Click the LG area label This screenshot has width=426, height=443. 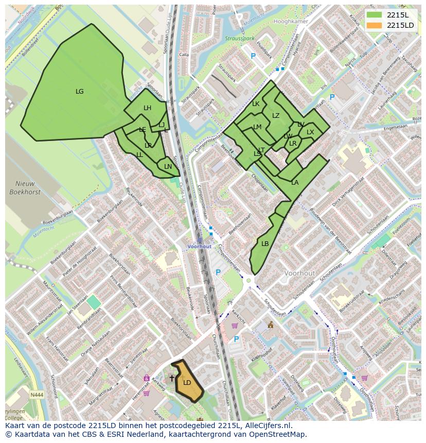point(79,92)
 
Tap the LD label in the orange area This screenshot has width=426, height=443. point(187,382)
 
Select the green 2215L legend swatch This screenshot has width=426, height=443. point(374,15)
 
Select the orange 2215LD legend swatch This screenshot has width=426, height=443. point(374,25)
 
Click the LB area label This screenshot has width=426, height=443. point(265,243)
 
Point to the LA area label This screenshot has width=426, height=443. point(295,183)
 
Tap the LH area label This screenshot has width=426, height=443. point(147,108)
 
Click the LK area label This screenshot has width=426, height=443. point(256,104)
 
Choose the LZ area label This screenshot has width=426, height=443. point(276,116)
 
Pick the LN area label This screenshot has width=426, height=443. point(168,166)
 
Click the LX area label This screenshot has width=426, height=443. point(310,132)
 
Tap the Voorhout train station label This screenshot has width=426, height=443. point(199,246)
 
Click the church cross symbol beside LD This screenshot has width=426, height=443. point(172,378)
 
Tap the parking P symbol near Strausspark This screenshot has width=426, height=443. point(253,56)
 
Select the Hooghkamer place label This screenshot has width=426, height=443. point(291,23)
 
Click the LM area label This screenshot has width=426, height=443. point(257,127)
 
